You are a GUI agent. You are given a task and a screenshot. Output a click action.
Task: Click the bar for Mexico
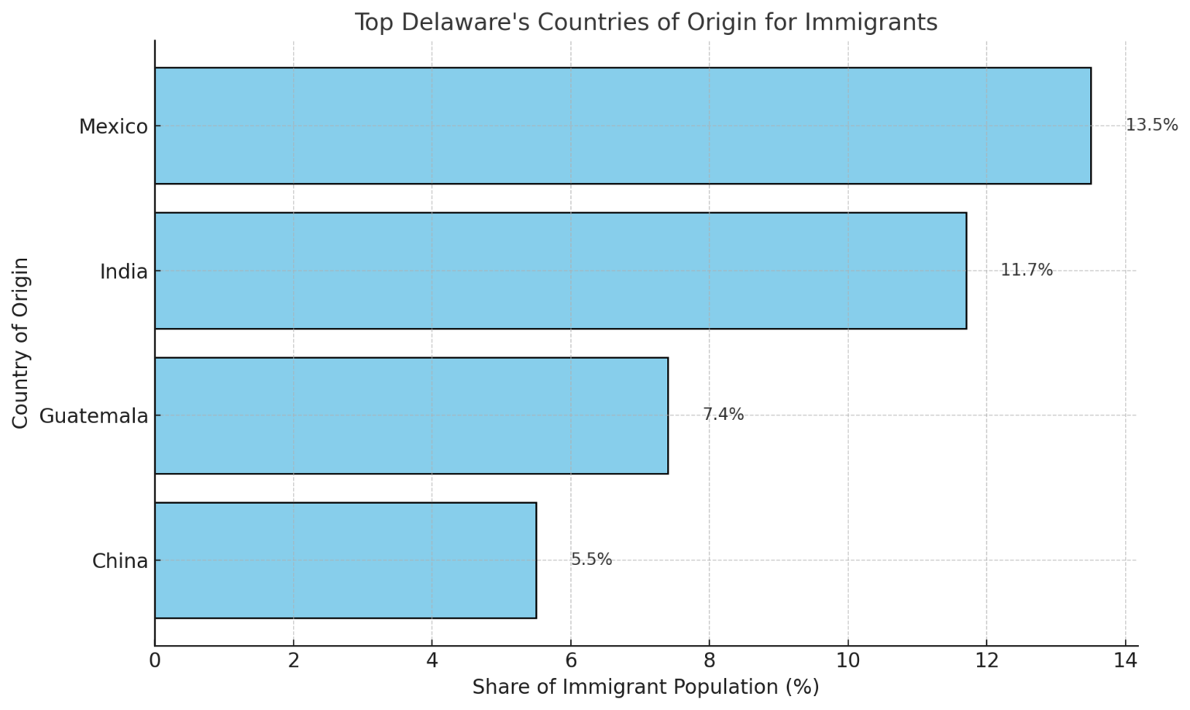(x=622, y=126)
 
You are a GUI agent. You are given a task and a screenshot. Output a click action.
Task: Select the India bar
(x=560, y=271)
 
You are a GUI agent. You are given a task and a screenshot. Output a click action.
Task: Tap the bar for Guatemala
(x=411, y=415)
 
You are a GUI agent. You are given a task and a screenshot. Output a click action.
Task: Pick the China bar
(x=345, y=560)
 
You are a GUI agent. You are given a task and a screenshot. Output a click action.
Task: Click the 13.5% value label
(x=1151, y=125)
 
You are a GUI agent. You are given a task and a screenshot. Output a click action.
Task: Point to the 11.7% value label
(x=1027, y=270)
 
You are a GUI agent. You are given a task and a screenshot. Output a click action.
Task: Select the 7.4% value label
(x=723, y=415)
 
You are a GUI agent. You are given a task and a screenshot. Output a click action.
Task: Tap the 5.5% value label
(x=591, y=560)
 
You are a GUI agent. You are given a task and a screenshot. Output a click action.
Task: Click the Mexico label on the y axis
(x=113, y=126)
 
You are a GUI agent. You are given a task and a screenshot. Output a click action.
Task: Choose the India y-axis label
(x=124, y=271)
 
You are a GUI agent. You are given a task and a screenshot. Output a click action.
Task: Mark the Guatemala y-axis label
(x=94, y=416)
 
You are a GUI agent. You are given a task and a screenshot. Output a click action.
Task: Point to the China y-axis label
(x=120, y=561)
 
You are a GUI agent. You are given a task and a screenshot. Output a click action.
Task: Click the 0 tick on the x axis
(x=155, y=660)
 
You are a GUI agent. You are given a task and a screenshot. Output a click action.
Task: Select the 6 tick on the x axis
(x=571, y=660)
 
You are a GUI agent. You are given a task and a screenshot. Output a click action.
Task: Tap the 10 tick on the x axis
(x=848, y=660)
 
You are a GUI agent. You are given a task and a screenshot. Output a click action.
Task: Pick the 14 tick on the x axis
(x=1125, y=660)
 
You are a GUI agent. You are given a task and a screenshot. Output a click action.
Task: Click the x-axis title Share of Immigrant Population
(x=645, y=687)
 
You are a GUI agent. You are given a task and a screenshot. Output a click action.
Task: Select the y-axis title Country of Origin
(x=21, y=343)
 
